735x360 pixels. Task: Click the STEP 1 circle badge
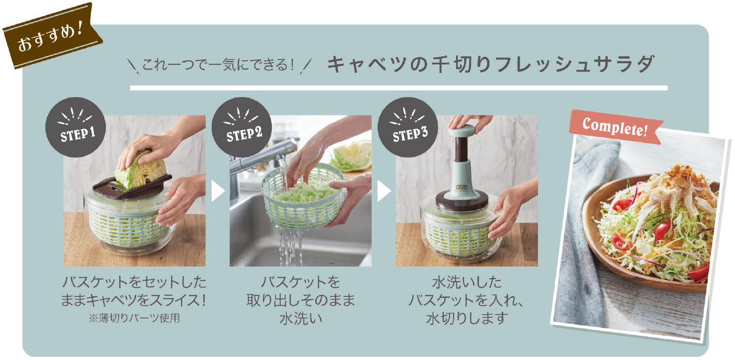coord(76,127)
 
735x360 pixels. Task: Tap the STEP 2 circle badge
coord(242,127)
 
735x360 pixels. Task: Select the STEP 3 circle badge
coord(408,127)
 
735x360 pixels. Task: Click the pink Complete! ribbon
coord(615,127)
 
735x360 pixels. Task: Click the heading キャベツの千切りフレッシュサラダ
coord(491,64)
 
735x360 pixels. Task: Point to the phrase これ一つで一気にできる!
coord(218,64)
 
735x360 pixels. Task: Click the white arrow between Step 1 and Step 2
coord(218,191)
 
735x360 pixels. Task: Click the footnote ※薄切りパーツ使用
coord(134,318)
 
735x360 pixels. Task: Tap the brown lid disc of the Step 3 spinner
coord(461,200)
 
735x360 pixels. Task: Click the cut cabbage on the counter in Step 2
coord(351,156)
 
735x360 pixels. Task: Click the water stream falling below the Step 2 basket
coord(290,246)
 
